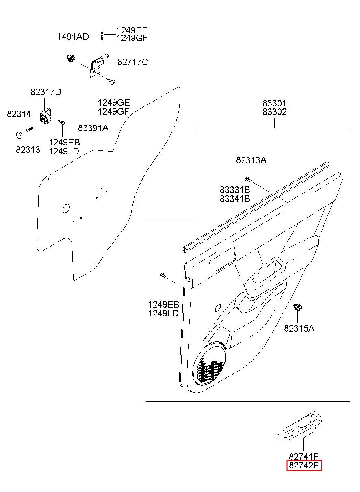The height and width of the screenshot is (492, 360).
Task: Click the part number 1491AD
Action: [73, 37]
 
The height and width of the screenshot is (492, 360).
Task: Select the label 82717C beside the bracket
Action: [133, 62]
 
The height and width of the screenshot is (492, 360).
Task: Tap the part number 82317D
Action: [46, 92]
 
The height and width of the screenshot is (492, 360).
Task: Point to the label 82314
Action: [19, 114]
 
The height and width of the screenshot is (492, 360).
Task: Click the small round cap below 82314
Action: [19, 135]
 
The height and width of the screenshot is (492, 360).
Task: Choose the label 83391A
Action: [93, 128]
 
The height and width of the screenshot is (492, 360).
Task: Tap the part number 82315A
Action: [299, 334]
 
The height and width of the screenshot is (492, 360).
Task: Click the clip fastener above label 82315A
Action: [298, 307]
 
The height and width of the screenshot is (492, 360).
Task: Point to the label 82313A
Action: [251, 160]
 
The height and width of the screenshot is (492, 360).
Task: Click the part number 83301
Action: [275, 103]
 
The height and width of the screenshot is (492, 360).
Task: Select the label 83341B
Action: [235, 199]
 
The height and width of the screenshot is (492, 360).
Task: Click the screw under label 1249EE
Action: [102, 35]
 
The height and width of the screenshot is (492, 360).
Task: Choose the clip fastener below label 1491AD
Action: [71, 58]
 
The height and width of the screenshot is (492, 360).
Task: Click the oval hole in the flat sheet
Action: [66, 208]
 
